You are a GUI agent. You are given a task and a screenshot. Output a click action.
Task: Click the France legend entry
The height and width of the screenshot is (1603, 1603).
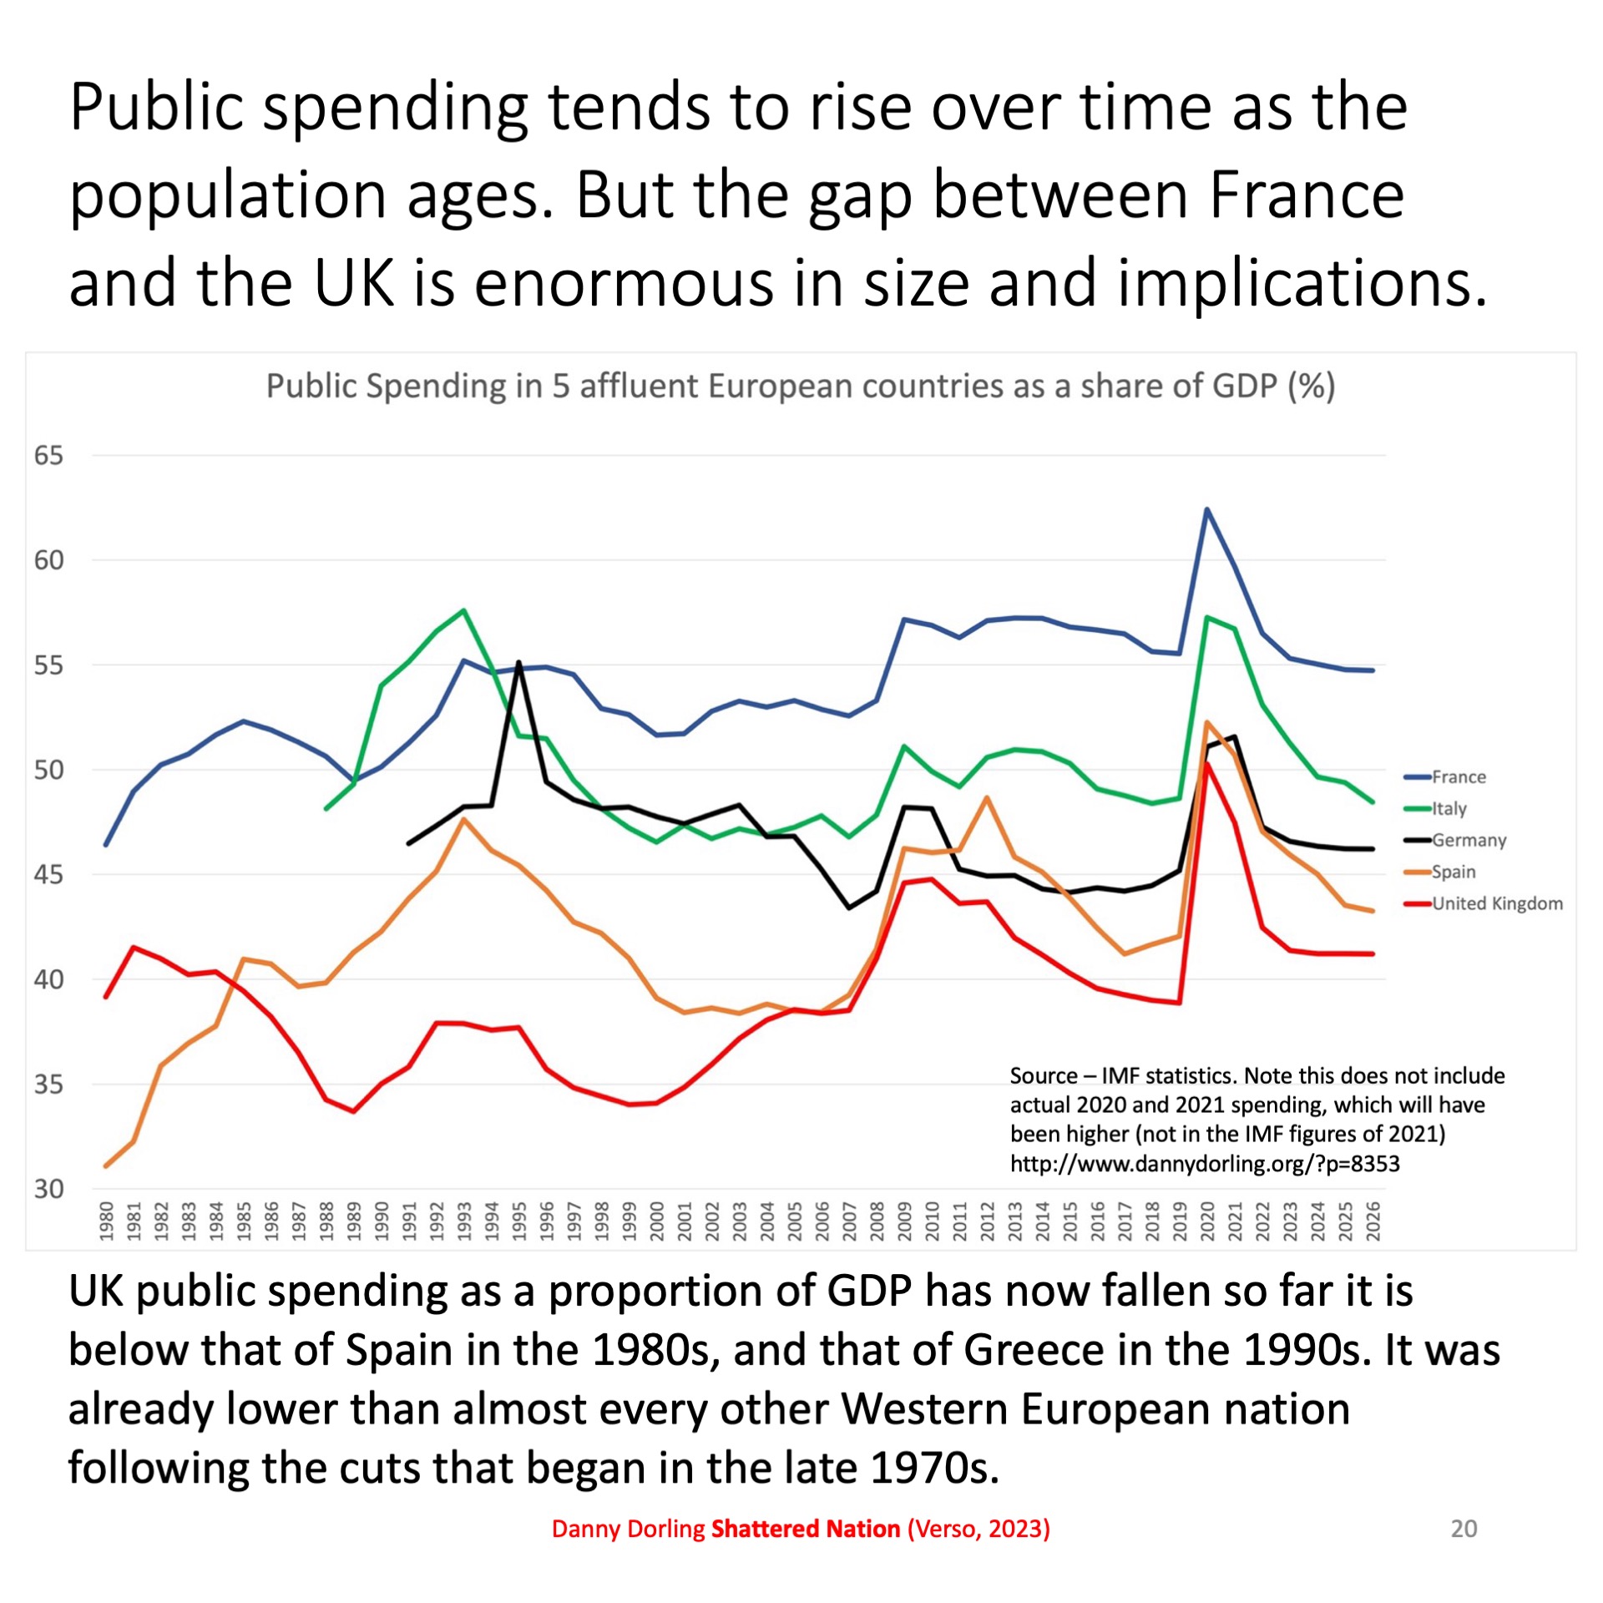click(x=1458, y=777)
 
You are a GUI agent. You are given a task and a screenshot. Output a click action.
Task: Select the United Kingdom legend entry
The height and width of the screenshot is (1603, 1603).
click(x=1496, y=903)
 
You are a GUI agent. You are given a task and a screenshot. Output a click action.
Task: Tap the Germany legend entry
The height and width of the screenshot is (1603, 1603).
click(x=1468, y=841)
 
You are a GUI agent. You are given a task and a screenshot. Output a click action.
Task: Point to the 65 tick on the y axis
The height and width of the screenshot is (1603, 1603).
click(x=48, y=456)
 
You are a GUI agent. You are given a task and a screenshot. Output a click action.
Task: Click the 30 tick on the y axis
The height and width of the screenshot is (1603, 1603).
click(x=48, y=1189)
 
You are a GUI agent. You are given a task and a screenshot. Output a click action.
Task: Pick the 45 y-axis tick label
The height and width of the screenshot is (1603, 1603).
click(x=48, y=875)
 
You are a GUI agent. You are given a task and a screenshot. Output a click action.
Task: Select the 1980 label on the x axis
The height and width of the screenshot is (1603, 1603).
click(x=106, y=1221)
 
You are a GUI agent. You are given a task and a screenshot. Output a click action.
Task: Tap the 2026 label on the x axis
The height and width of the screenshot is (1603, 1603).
click(x=1373, y=1221)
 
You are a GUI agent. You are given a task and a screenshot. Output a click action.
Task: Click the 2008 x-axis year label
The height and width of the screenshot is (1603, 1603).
click(x=877, y=1221)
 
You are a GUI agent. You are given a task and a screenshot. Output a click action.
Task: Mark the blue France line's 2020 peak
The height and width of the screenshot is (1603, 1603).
click(x=1207, y=509)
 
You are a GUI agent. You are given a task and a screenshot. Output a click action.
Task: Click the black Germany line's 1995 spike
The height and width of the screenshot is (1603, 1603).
click(x=519, y=663)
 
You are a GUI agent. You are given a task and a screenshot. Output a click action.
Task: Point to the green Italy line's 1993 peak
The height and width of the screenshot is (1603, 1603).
click(x=464, y=610)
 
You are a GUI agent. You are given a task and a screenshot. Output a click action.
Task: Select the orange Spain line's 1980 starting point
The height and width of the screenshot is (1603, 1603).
click(x=106, y=1166)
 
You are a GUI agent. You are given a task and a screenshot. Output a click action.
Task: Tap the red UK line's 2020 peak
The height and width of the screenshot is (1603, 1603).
click(x=1207, y=765)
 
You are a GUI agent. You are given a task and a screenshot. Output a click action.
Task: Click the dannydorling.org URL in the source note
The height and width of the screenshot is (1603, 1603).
click(x=1204, y=1164)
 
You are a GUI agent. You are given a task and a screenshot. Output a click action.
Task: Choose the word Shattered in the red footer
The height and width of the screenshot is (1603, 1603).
click(x=763, y=1529)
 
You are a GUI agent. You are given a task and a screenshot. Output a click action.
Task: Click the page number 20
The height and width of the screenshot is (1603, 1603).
click(x=1464, y=1529)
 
